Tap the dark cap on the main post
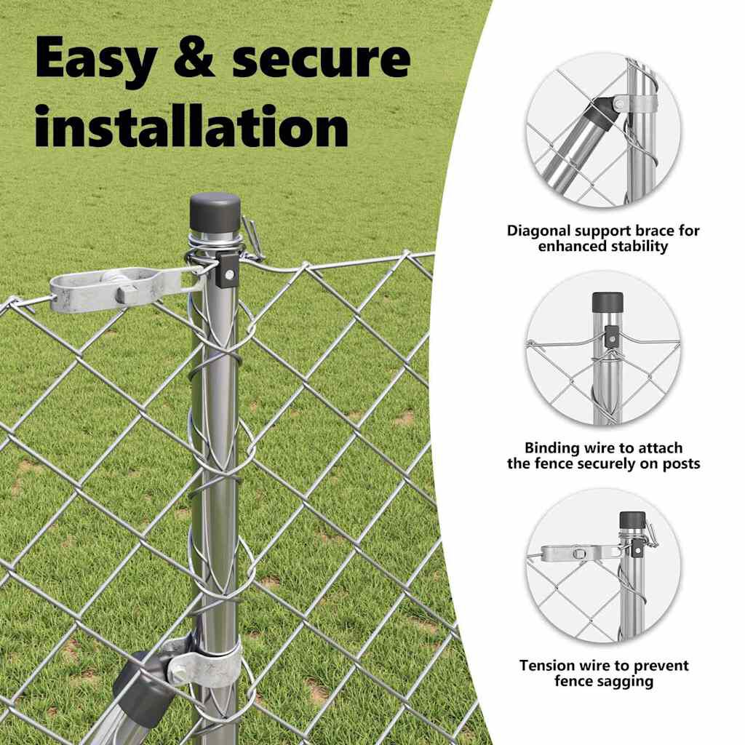215,212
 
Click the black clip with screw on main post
228,269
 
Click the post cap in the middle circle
607,302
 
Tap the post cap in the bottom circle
632,519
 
